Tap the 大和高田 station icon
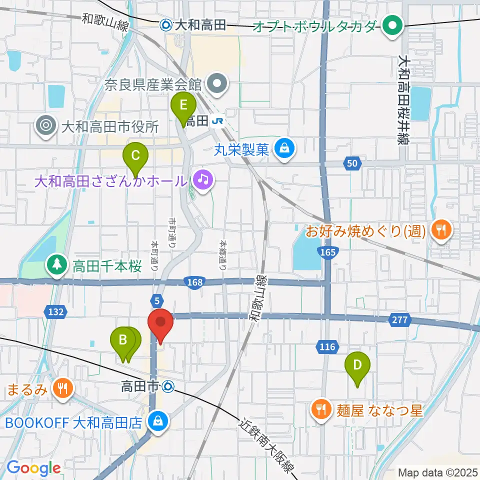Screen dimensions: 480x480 tap(166, 23)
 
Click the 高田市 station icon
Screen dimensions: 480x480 tap(168, 385)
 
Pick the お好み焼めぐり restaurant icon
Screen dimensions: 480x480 tap(440, 230)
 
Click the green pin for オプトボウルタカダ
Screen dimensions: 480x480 tap(393, 24)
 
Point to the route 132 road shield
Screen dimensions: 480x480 tap(55, 311)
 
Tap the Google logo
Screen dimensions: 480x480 tap(33, 467)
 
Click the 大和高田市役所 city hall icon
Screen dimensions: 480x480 tap(47, 126)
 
